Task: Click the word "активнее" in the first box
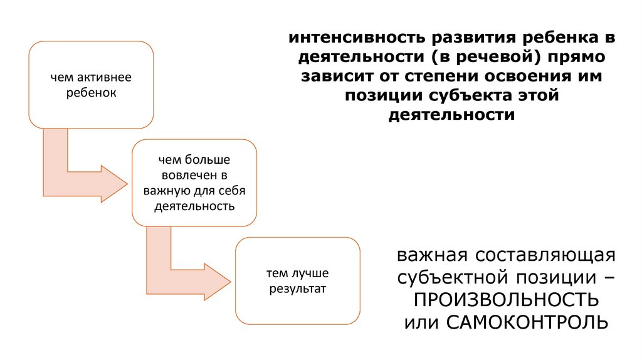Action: [102, 78]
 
